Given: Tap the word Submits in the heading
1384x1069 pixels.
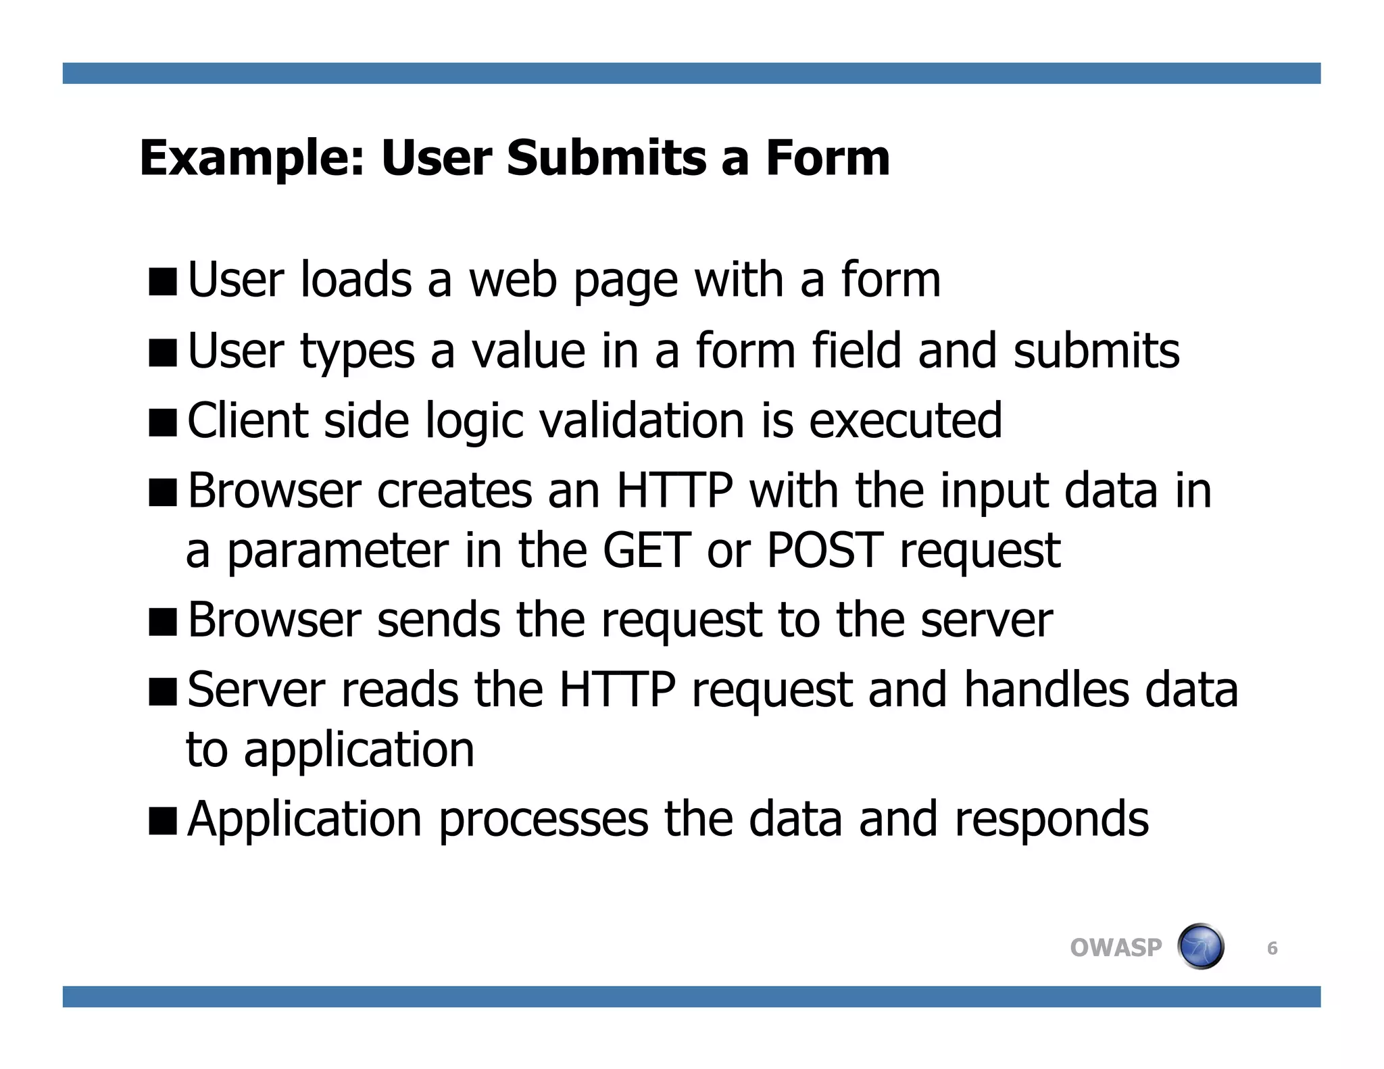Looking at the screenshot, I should pos(606,158).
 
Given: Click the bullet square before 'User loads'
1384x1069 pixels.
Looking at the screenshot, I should pos(163,282).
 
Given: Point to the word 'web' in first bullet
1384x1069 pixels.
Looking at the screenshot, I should pos(512,280).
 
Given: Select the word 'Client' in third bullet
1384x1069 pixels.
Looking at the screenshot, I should pos(247,420).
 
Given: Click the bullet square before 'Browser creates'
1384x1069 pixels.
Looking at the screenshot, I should pos(163,493).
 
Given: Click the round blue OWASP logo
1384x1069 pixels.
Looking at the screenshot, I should pos(1201,946).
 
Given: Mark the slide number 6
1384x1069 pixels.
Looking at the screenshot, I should pos(1272,948).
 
